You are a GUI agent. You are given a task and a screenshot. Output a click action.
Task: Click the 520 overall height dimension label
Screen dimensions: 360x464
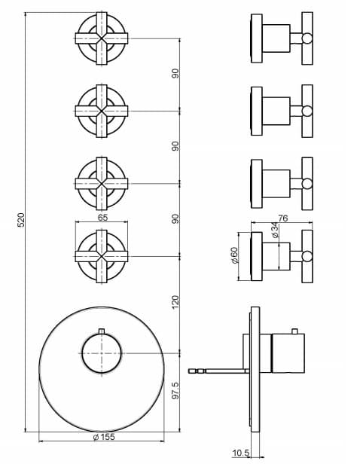20,220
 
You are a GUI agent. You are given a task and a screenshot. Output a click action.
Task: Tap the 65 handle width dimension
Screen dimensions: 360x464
102,218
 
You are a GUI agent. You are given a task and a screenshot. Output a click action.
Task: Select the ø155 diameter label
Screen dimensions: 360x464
104,437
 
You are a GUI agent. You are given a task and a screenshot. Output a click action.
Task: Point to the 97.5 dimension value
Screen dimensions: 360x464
175,390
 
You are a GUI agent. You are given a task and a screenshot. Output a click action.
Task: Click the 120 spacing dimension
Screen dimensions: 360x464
175,302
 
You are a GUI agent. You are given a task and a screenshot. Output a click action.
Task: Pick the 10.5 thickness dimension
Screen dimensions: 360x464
241,453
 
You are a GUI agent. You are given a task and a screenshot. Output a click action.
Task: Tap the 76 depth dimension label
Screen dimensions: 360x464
282,218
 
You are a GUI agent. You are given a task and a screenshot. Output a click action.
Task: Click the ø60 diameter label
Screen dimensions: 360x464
233,255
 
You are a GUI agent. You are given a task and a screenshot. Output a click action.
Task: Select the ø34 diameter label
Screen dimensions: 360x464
275,230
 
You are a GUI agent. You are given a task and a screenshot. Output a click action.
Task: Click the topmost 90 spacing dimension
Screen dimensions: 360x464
175,73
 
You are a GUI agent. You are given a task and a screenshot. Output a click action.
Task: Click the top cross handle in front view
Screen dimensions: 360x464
102,38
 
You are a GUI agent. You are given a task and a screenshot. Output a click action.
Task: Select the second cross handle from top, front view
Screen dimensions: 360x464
102,111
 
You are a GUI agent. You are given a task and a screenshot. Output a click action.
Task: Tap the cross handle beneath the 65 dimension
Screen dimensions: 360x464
102,256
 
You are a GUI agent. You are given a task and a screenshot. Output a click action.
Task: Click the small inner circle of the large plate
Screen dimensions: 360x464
102,353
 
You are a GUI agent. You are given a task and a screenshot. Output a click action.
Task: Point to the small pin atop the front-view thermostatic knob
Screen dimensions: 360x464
102,331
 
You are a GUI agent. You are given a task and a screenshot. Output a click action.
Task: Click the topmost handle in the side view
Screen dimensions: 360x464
282,38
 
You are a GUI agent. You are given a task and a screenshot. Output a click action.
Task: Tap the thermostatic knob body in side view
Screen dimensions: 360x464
288,353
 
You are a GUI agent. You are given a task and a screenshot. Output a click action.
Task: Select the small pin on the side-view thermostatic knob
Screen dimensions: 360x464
294,331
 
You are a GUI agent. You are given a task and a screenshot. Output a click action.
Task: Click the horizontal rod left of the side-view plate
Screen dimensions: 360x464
218,371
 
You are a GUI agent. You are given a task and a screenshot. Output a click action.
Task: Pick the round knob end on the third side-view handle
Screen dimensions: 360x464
307,184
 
